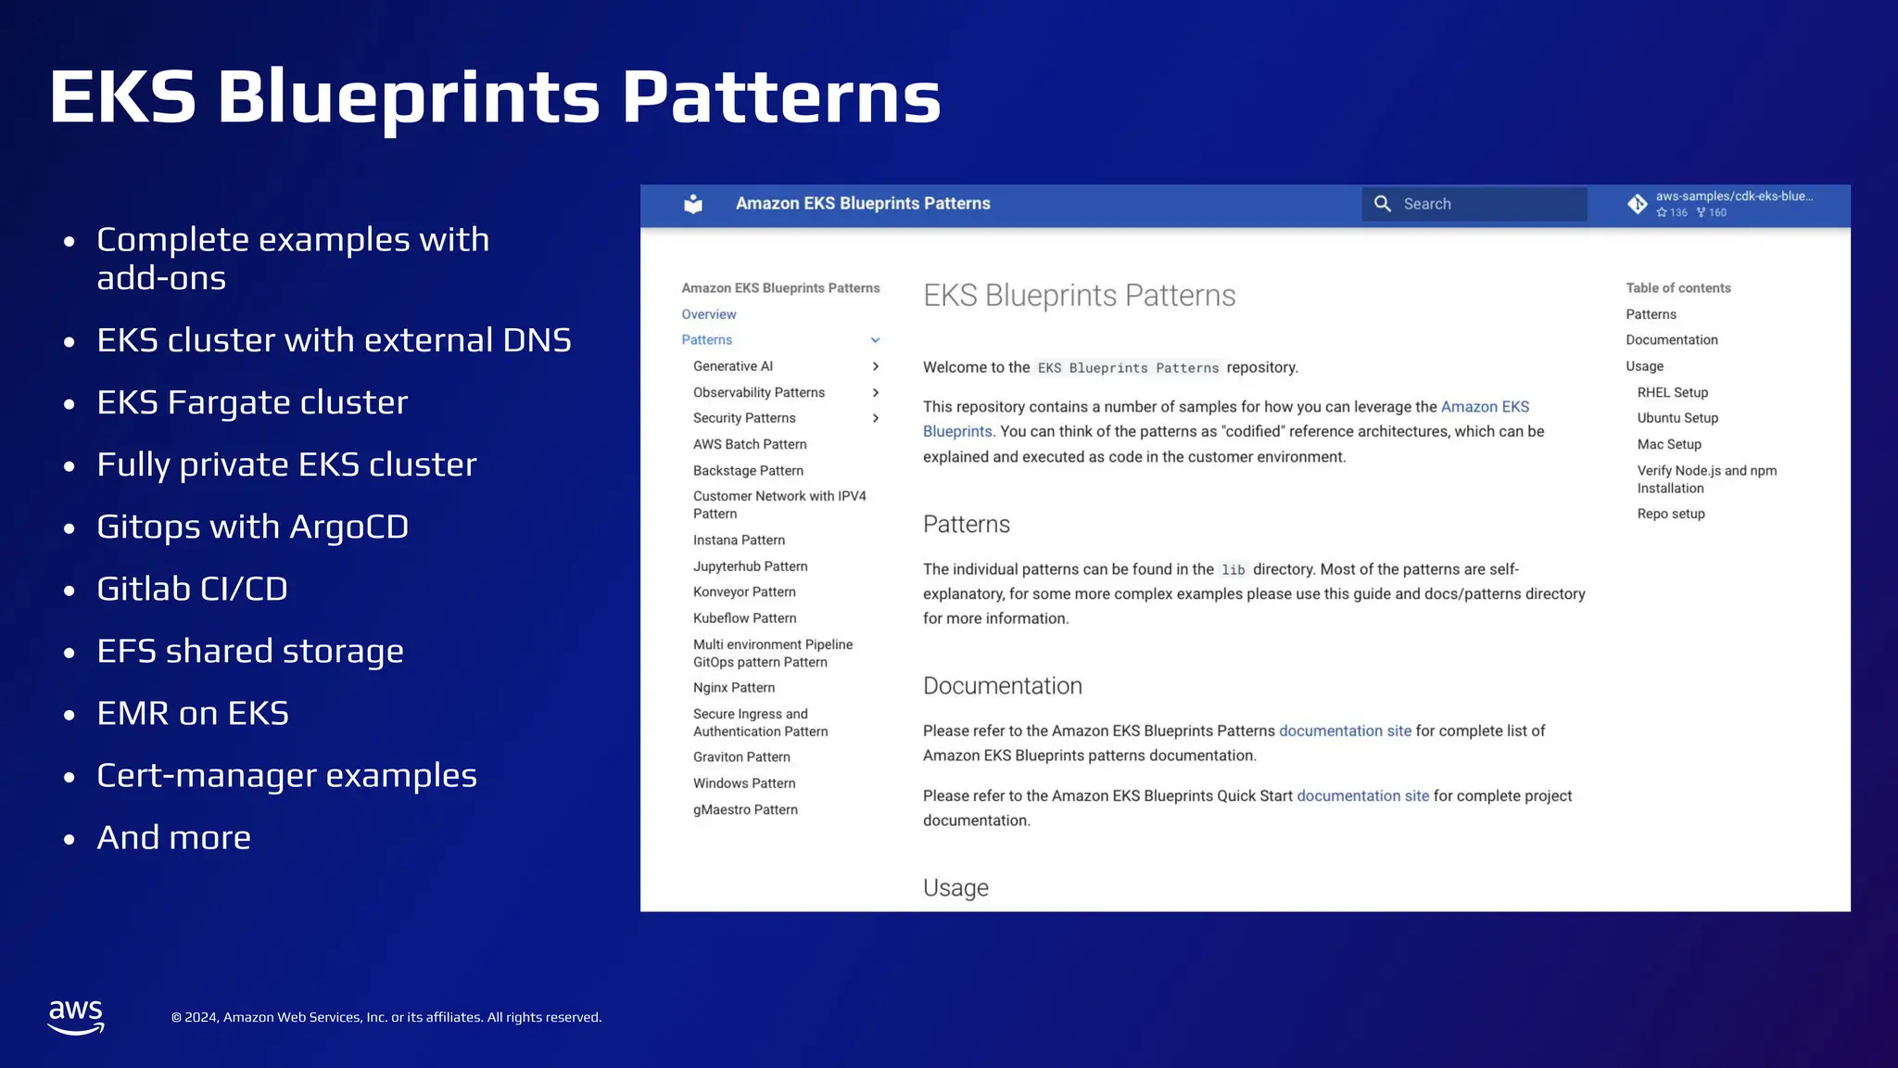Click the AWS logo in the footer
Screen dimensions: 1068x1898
point(76,1017)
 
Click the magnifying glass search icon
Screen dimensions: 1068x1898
point(1382,204)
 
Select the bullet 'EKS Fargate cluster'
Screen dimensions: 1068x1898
point(252,402)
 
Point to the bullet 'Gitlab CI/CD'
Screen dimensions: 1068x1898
point(192,589)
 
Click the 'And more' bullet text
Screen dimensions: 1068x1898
point(173,837)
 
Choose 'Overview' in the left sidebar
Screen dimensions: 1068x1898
point(709,314)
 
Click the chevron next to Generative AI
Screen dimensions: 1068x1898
point(875,366)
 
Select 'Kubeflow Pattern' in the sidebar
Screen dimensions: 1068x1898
point(744,618)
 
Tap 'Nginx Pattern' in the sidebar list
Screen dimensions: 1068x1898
point(733,688)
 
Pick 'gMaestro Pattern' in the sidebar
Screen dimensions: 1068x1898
point(745,809)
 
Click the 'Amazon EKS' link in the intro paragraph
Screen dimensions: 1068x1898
point(1485,407)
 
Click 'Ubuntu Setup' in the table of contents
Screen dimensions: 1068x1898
point(1677,418)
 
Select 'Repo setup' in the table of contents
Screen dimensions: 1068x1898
point(1670,514)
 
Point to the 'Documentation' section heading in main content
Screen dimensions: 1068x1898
point(1002,686)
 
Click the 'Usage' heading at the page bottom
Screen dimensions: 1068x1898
point(955,888)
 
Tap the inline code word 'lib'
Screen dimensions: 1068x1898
point(1233,570)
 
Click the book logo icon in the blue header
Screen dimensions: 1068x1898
point(693,204)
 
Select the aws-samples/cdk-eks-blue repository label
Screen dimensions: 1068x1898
point(1733,197)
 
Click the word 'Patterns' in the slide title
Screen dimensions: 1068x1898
point(781,96)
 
